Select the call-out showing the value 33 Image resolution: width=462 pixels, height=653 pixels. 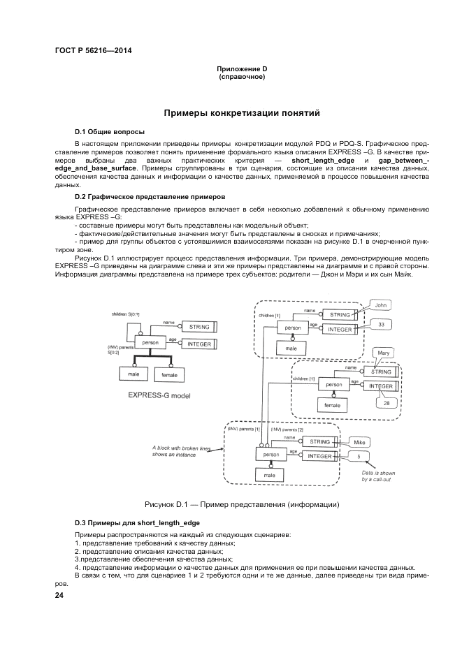click(380, 325)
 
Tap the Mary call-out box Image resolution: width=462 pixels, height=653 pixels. click(384, 354)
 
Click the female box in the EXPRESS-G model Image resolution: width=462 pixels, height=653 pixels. click(169, 375)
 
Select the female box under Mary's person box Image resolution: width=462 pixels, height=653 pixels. click(332, 404)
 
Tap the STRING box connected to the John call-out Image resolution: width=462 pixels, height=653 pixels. click(340, 315)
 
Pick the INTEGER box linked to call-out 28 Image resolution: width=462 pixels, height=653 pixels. click(381, 386)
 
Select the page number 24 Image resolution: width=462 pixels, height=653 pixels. click(59, 595)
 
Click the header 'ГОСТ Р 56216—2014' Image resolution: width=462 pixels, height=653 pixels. click(93, 50)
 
